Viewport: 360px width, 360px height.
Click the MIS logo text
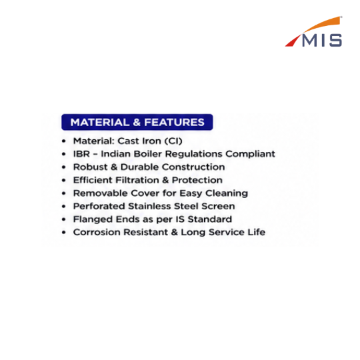pos(322,41)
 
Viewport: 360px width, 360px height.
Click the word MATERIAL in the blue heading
pos(100,122)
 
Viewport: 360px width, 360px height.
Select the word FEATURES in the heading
pos(174,122)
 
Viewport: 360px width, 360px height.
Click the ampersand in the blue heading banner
pos(137,122)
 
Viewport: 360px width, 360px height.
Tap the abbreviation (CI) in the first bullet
pos(173,141)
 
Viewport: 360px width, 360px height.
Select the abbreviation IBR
pos(81,154)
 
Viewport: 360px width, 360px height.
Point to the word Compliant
pos(250,154)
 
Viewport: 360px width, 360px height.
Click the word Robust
pos(90,167)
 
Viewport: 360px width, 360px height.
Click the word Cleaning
pos(227,193)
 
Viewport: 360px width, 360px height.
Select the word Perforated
pos(99,206)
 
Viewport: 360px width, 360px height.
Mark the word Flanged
pos(93,219)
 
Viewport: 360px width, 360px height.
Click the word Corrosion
pos(97,232)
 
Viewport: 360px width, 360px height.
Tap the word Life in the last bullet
pos(257,232)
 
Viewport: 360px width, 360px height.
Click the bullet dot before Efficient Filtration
pos(64,180)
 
